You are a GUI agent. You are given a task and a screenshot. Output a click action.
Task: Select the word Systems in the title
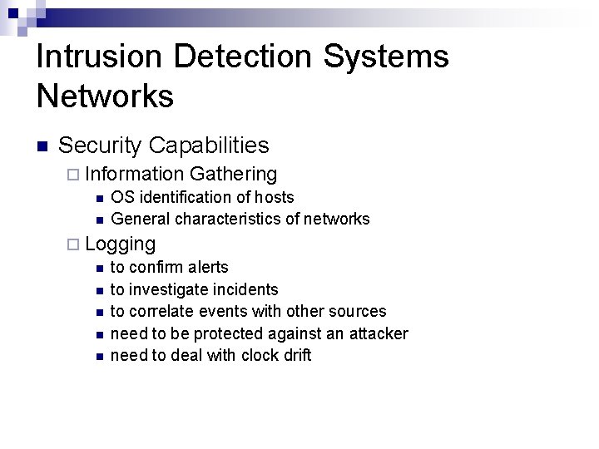click(386, 57)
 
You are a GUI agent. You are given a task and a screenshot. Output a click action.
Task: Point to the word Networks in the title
click(105, 96)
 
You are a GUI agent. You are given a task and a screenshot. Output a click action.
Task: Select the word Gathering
click(233, 174)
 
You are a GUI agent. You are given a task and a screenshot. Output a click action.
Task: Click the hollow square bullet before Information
click(73, 175)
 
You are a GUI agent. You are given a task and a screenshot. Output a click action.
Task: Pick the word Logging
click(120, 244)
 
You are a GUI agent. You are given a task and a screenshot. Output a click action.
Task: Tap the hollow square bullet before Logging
click(73, 244)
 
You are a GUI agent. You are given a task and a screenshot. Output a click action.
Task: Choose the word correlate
click(162, 311)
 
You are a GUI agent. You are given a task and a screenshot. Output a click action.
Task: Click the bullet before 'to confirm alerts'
click(98, 268)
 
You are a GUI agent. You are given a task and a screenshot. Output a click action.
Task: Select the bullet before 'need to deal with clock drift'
click(98, 356)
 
